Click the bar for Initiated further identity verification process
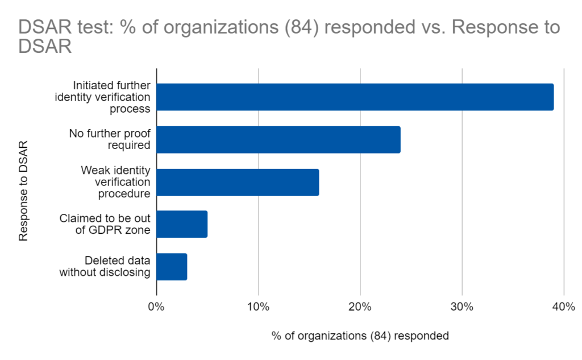tap(355, 97)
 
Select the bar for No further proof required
tap(278, 139)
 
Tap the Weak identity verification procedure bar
tap(238, 182)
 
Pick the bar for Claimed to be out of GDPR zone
tap(182, 224)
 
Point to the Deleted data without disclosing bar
tap(172, 267)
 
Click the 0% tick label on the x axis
tap(156, 308)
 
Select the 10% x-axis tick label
tap(258, 308)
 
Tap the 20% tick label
tap(360, 308)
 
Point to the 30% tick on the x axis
tap(462, 308)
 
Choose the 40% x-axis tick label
tap(563, 308)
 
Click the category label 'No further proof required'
tap(110, 139)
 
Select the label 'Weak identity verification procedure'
tap(115, 182)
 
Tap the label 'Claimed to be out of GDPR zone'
tap(105, 224)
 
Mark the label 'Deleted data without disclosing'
tap(105, 267)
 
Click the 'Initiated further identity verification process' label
tap(102, 97)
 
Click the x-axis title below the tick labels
tap(360, 336)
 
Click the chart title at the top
tap(289, 36)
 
